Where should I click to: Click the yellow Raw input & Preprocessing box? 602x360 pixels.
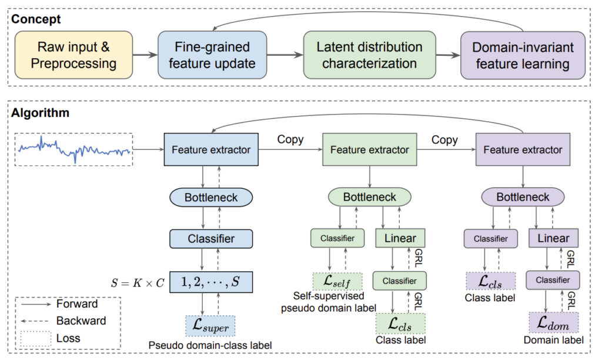74,55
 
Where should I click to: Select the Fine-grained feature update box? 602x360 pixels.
211,55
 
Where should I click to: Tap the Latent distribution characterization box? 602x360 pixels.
369,55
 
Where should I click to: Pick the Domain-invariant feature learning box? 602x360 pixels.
523,55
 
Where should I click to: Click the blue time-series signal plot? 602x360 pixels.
74,149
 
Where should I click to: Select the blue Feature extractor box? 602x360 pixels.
210,149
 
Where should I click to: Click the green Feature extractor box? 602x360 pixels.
369,149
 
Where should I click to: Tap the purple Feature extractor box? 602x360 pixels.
523,149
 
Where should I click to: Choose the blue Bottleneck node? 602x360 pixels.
210,198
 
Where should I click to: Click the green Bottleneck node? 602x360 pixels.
370,196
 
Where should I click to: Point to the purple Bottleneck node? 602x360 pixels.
523,196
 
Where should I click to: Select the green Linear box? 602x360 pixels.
400,238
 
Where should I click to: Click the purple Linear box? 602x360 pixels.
553,238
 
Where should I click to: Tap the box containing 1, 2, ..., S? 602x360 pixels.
210,281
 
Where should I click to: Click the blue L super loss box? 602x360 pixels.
210,325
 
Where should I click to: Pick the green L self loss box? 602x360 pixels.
337,282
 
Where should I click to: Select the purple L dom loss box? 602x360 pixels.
553,322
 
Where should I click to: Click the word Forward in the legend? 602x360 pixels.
77,304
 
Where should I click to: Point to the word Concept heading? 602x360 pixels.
36,19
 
